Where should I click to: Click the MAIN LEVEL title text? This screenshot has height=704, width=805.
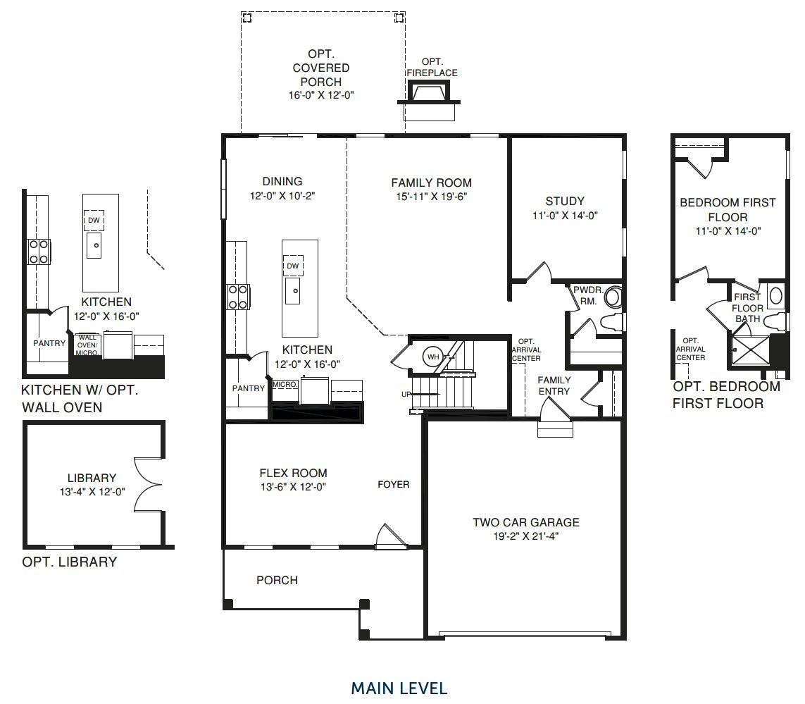click(x=399, y=688)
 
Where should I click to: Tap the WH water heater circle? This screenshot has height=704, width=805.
click(x=433, y=357)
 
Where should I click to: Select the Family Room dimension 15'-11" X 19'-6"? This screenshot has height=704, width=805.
click(x=431, y=197)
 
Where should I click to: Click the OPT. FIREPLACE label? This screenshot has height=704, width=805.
click(x=432, y=68)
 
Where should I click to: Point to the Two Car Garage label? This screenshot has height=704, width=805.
click(x=525, y=522)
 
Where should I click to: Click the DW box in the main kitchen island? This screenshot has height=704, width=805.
click(x=293, y=266)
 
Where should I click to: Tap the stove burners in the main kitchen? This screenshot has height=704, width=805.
click(x=238, y=297)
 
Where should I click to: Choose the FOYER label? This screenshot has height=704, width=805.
click(x=393, y=484)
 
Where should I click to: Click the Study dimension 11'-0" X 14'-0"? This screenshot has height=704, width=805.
click(x=565, y=216)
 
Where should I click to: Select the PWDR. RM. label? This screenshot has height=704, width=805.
click(x=588, y=295)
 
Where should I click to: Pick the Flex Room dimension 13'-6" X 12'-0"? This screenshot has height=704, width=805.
click(x=293, y=487)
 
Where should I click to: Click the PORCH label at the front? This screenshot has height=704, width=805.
click(x=277, y=580)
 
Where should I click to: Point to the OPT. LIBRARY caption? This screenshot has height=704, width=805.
click(x=69, y=562)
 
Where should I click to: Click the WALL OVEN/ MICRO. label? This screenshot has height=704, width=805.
click(x=87, y=345)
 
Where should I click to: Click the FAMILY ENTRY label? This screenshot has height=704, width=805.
click(x=554, y=385)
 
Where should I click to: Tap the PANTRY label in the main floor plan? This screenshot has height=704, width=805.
click(x=248, y=388)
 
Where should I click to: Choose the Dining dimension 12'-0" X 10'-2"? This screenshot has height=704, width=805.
click(x=282, y=196)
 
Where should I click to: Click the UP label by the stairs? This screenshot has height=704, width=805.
click(x=406, y=394)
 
